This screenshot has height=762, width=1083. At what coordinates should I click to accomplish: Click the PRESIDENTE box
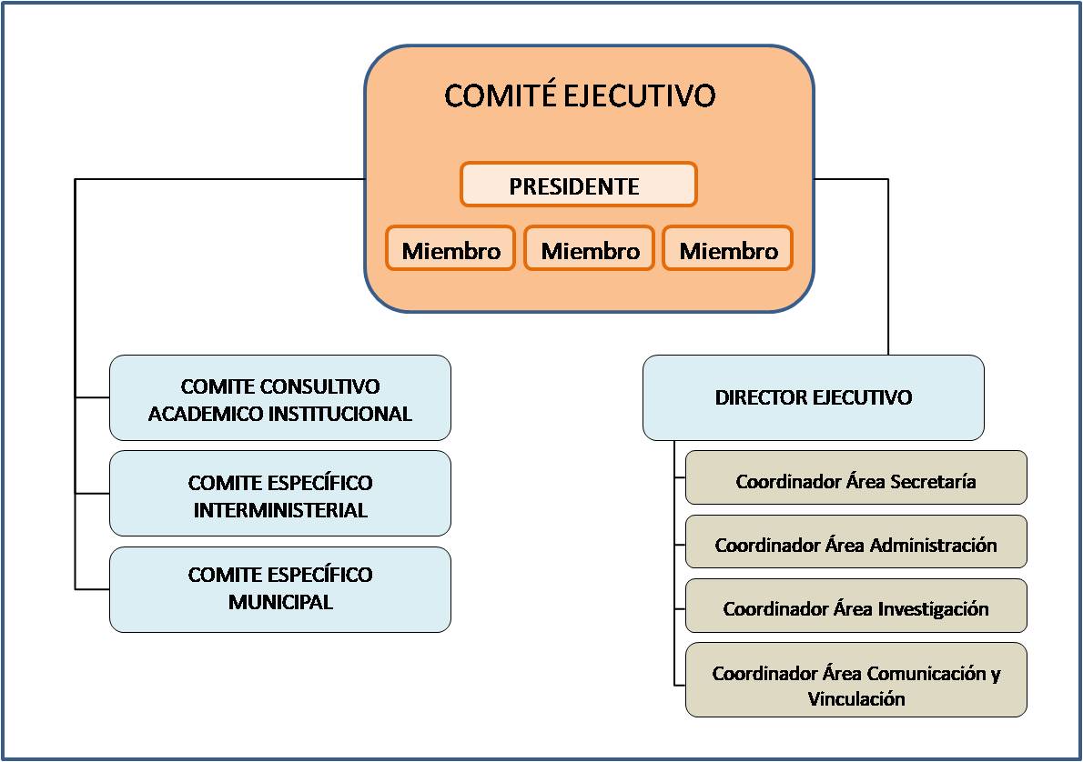click(x=579, y=185)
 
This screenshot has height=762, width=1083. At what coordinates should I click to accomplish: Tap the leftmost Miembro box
click(x=450, y=248)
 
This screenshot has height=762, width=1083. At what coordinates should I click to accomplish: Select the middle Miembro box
click(x=589, y=248)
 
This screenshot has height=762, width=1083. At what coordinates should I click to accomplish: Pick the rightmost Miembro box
click(x=727, y=248)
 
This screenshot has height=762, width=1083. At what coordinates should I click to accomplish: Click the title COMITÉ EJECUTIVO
click(x=580, y=95)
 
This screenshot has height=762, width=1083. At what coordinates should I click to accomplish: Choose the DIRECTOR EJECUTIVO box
click(x=814, y=397)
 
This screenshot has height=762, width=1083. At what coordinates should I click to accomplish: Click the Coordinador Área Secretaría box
click(x=855, y=477)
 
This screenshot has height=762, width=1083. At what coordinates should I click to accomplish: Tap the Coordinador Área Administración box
click(x=855, y=541)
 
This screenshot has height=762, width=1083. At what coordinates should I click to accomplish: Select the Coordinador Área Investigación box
click(x=855, y=606)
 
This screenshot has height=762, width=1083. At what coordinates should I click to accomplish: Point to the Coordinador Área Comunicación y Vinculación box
click(x=855, y=680)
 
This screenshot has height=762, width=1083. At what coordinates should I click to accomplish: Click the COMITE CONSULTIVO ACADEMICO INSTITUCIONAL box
click(x=280, y=397)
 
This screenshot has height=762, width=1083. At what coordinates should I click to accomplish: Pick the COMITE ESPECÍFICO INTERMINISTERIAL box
click(x=280, y=494)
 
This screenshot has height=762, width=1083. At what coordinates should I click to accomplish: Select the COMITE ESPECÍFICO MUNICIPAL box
click(x=280, y=589)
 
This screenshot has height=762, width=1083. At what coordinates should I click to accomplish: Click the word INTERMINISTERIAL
click(x=280, y=510)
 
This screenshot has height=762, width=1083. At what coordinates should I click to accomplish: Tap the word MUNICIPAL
click(x=280, y=602)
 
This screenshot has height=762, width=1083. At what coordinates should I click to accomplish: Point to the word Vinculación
click(x=856, y=698)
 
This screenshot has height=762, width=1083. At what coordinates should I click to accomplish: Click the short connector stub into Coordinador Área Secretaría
click(x=680, y=477)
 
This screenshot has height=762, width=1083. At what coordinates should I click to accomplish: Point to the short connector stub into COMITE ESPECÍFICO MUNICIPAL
click(x=93, y=589)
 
